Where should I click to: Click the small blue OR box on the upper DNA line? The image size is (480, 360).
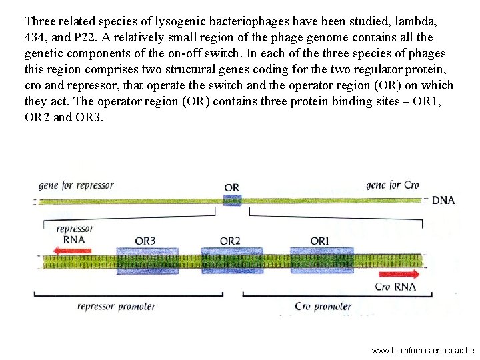pos(231,200)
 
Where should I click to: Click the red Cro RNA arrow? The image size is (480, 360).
pos(399,274)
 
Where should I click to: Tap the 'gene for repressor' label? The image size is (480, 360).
pos(76,185)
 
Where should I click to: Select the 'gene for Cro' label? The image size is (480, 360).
pos(393,185)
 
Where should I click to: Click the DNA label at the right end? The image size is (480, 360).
pos(443,200)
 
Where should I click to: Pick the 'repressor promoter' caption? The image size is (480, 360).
pos(116,307)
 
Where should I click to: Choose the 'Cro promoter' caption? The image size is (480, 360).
pos(323,307)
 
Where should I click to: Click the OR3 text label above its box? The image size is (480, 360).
pos(145,241)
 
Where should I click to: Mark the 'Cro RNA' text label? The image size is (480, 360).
pos(395,287)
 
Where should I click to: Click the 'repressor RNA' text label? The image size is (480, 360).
pos(75,234)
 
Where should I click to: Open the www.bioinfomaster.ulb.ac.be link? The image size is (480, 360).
pos(423,349)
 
